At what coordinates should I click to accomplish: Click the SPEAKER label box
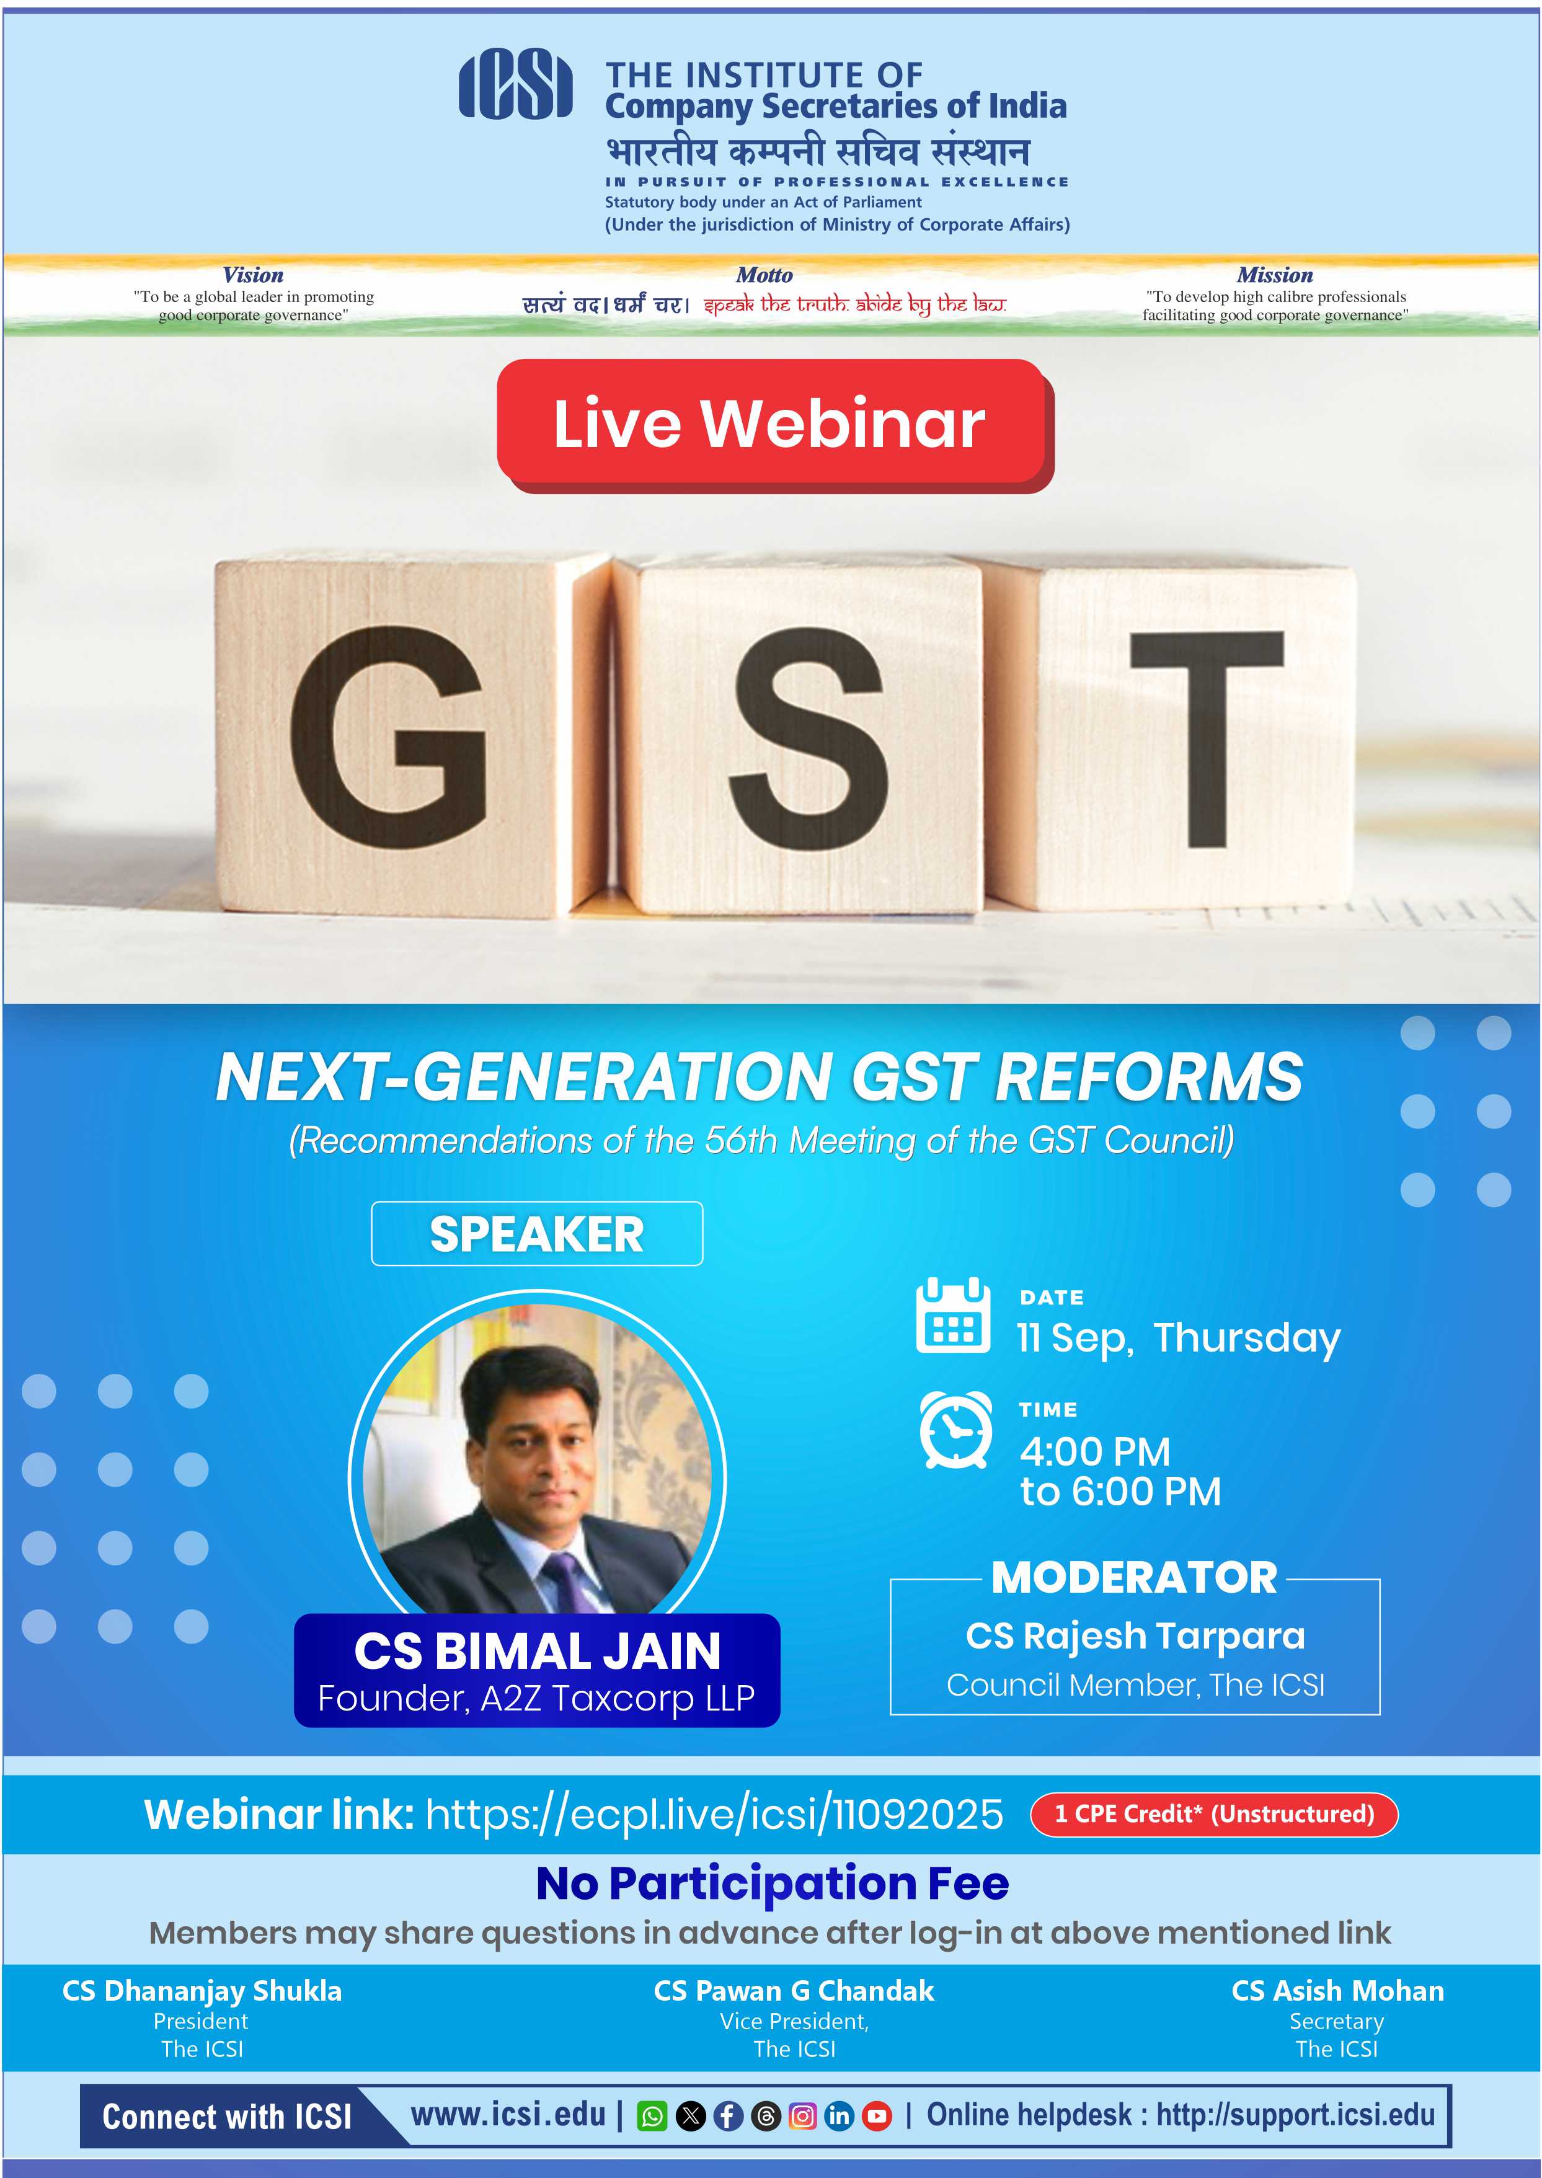pos(538,1233)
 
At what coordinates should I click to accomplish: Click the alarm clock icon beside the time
pos(956,1430)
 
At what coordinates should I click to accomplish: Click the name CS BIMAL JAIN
pos(538,1651)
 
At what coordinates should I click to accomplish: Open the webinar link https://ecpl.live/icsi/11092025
pos(714,1814)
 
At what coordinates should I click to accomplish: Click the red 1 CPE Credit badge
pos(1215,1814)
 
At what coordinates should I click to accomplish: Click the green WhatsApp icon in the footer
pos(652,2116)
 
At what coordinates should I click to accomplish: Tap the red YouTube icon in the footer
pos(877,2116)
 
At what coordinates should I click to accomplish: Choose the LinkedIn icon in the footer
pos(840,2116)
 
